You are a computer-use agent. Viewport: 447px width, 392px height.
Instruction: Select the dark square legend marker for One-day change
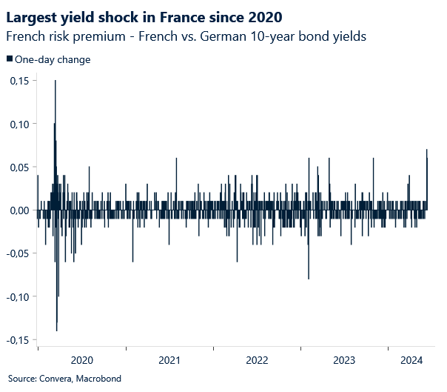tap(9, 59)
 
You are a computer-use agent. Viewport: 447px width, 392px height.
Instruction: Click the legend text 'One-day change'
tap(53, 59)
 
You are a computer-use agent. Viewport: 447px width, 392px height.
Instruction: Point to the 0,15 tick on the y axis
tap(19, 81)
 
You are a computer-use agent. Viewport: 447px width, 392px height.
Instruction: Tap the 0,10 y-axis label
tap(19, 124)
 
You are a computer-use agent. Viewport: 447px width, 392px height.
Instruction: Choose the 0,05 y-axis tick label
tap(19, 167)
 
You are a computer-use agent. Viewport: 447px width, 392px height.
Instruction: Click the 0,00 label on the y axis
tap(19, 210)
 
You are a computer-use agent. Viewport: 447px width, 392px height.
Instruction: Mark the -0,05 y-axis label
tap(17, 253)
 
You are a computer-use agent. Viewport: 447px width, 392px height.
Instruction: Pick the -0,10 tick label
tap(17, 296)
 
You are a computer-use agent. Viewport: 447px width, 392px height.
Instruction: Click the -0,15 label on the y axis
tap(17, 339)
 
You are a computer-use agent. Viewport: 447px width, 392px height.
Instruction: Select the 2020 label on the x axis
tap(81, 360)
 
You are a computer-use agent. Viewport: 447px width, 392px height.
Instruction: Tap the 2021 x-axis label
tap(169, 360)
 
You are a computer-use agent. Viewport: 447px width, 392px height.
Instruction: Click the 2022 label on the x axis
tap(257, 360)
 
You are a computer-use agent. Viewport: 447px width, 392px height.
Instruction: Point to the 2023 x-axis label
tap(344, 360)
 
